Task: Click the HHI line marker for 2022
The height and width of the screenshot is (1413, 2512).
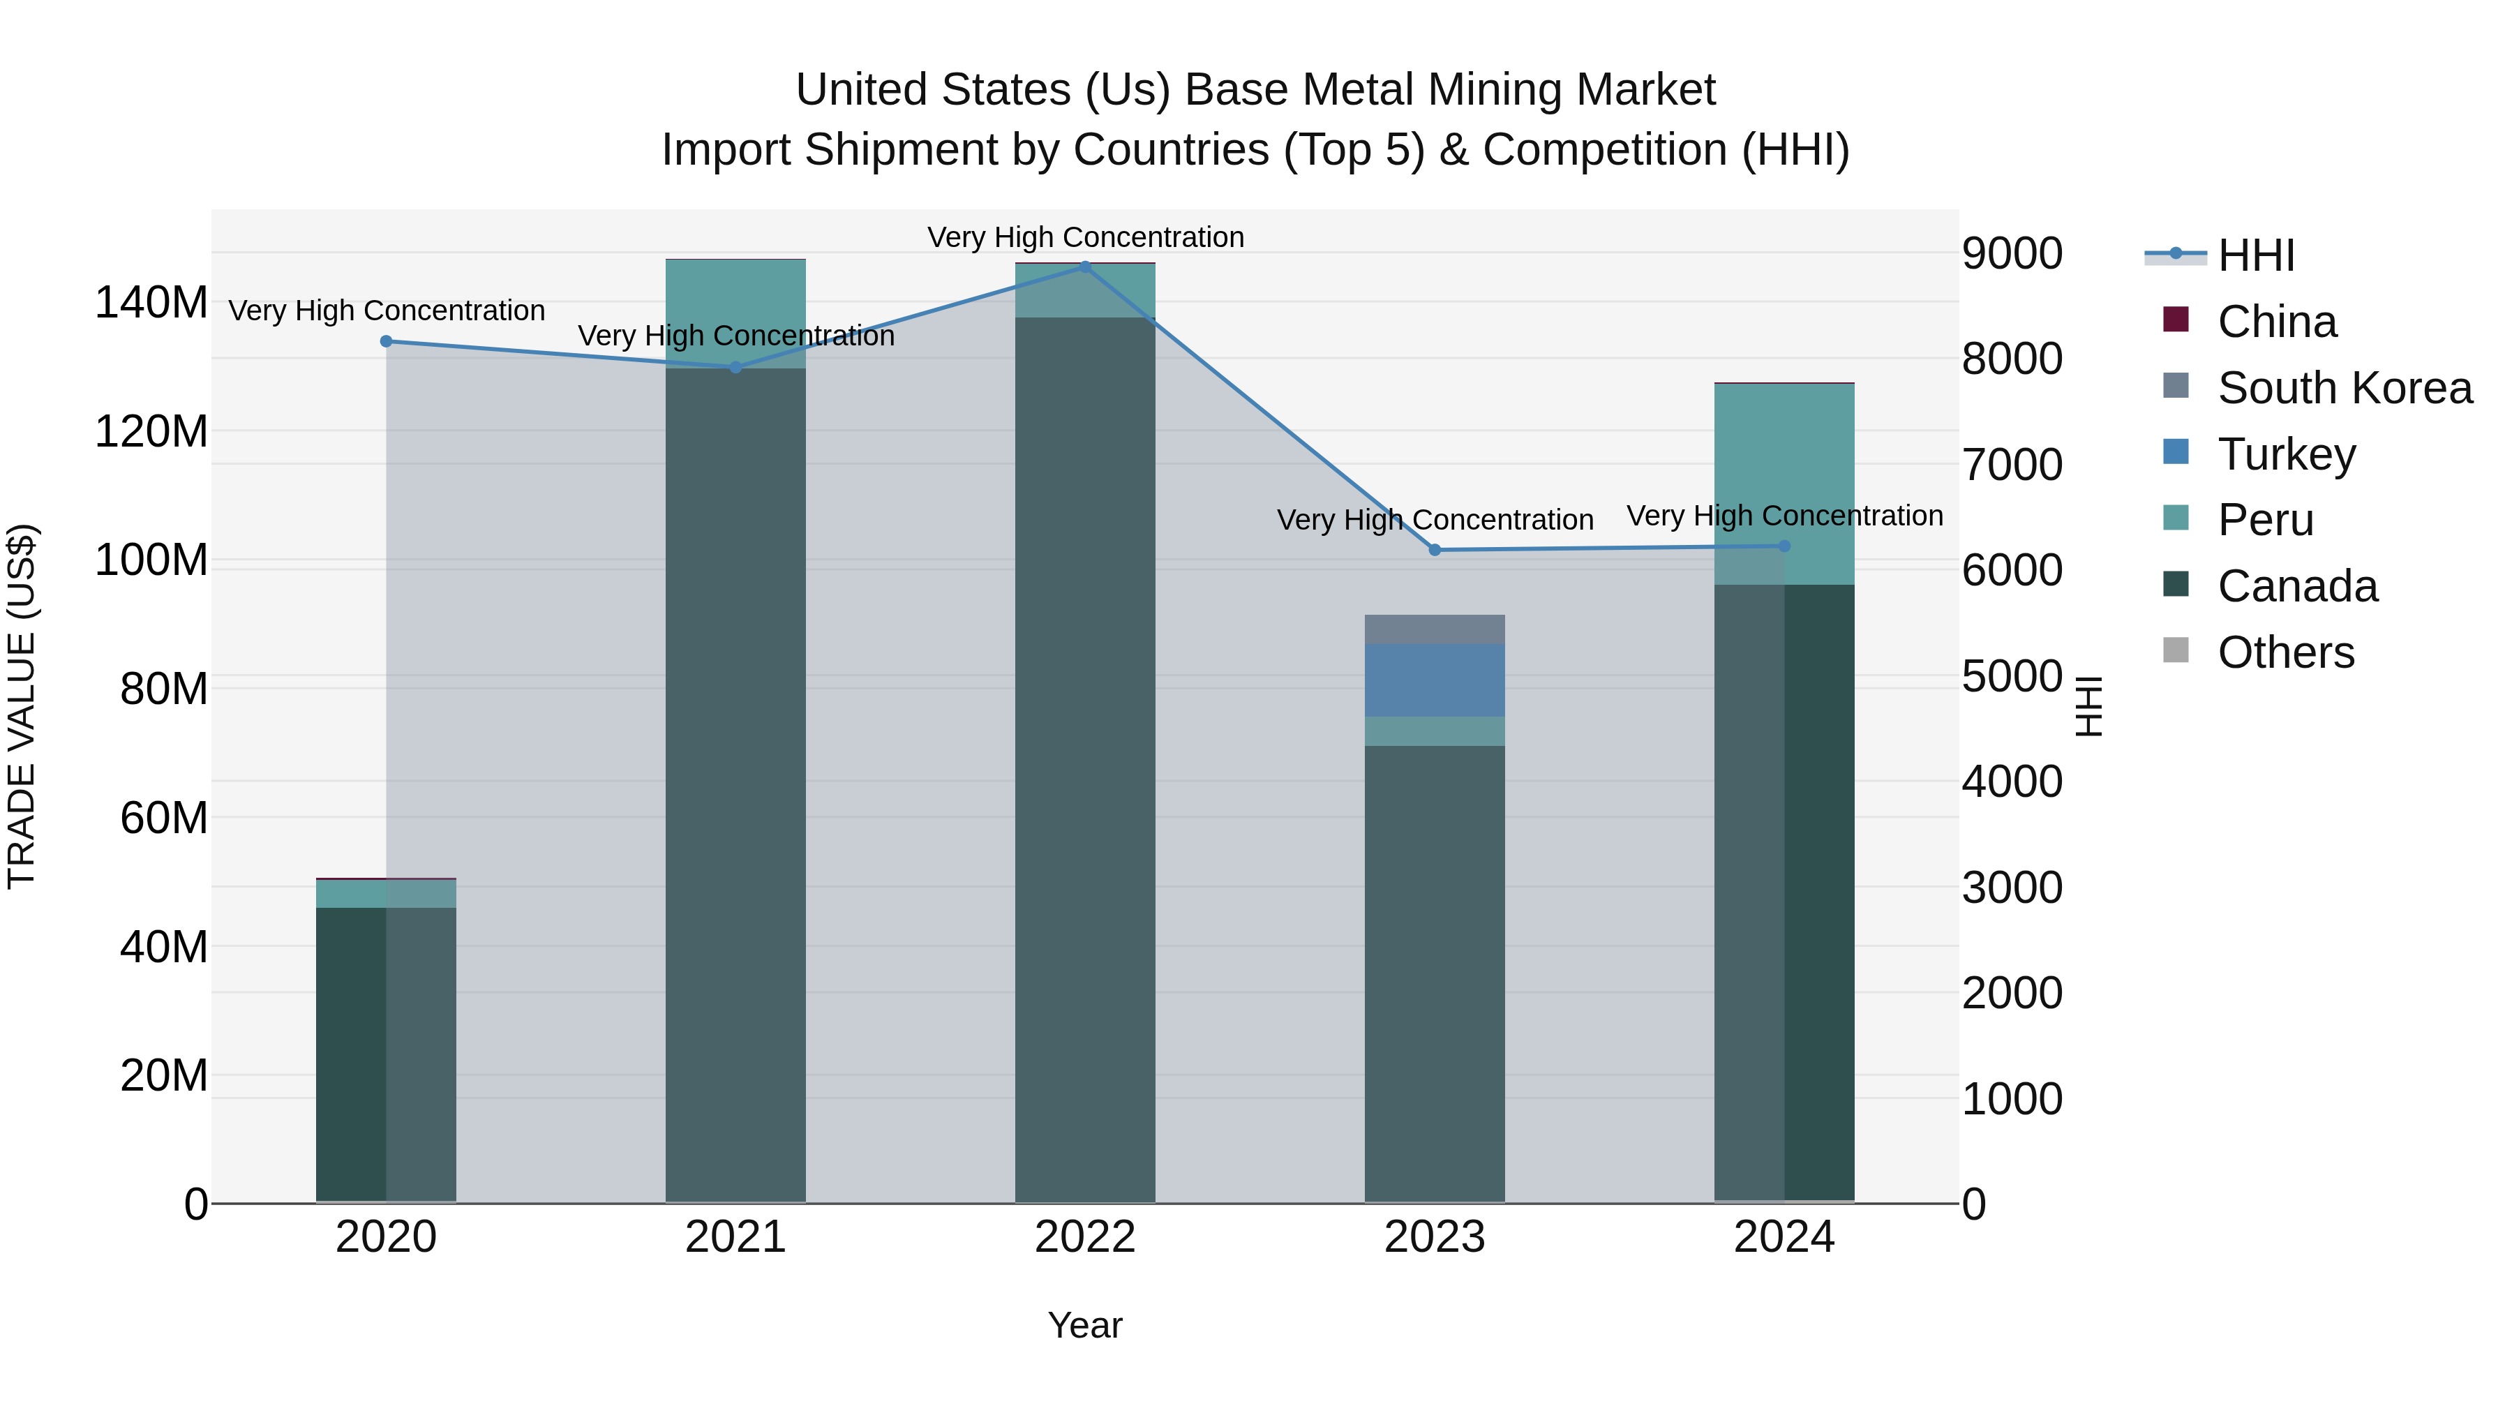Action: click(x=1084, y=267)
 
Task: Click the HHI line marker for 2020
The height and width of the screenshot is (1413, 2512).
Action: click(x=386, y=341)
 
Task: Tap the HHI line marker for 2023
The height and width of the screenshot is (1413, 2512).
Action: click(x=1435, y=550)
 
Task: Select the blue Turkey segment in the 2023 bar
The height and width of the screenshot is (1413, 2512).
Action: click(x=1435, y=680)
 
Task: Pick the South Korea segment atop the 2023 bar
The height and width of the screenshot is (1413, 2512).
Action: click(x=1435, y=629)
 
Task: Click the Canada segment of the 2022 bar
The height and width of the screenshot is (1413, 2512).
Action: click(x=1084, y=761)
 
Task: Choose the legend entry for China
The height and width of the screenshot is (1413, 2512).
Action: click(x=2276, y=322)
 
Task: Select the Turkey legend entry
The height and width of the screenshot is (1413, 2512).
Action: click(x=2286, y=454)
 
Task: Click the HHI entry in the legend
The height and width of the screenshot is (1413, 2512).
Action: click(x=2255, y=255)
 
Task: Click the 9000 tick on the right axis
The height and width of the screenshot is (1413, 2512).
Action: click(x=2012, y=253)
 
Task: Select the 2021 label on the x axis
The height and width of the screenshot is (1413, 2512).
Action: click(x=735, y=1237)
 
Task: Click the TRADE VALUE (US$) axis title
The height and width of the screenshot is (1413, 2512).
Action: click(x=22, y=706)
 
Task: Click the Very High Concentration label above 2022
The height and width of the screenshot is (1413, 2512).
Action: click(x=1084, y=237)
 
